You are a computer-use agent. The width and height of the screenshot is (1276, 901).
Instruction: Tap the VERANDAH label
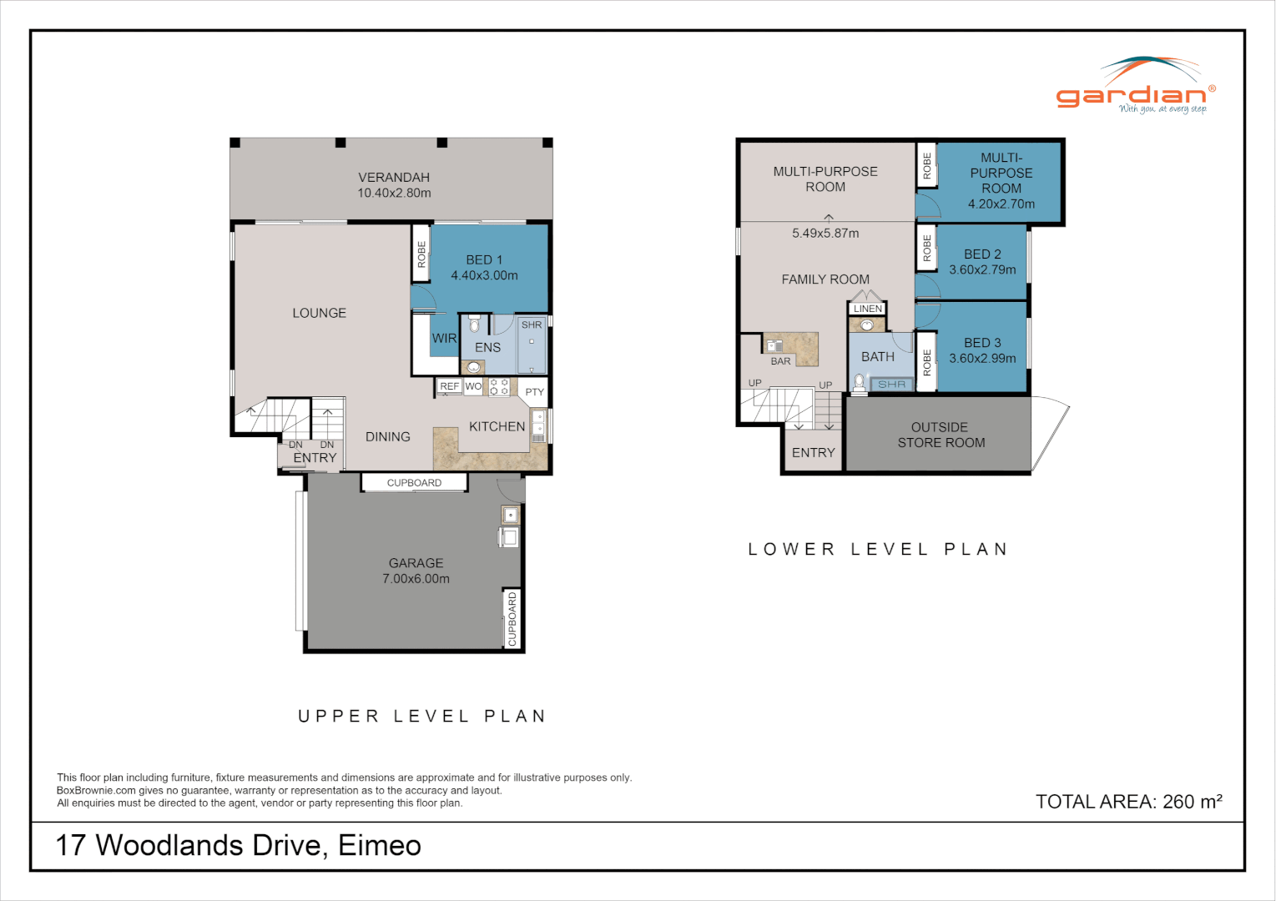(394, 178)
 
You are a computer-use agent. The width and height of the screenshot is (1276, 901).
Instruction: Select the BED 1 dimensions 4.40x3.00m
(484, 275)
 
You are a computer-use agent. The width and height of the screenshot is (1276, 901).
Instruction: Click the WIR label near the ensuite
(444, 339)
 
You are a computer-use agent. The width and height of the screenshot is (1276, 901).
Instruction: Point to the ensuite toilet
(475, 325)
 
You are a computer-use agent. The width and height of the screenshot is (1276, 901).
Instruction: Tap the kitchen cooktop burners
(499, 387)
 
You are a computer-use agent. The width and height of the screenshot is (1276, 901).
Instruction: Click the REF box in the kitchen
(450, 386)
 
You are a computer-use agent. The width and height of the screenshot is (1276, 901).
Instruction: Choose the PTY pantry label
(534, 392)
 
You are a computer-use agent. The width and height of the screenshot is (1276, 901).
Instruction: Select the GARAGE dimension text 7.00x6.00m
(416, 579)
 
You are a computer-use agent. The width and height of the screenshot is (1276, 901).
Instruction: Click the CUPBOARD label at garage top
(414, 483)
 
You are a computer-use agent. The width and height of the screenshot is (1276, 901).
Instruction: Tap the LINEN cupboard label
(868, 309)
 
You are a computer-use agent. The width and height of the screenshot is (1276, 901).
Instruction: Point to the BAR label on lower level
(780, 361)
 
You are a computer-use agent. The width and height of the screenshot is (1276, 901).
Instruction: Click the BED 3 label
(982, 343)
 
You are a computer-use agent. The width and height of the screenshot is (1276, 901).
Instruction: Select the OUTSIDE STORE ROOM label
(941, 435)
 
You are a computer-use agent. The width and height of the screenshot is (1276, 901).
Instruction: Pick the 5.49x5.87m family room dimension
(825, 233)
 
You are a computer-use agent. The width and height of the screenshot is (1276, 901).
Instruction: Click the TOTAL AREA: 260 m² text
(1128, 802)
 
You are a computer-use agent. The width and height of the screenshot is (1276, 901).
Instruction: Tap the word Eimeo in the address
(380, 846)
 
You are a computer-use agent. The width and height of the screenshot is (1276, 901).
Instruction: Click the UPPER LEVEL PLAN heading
(422, 716)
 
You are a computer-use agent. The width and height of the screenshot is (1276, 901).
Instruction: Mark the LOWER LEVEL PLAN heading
(878, 549)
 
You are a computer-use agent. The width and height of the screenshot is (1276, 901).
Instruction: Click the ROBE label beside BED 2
(927, 248)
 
